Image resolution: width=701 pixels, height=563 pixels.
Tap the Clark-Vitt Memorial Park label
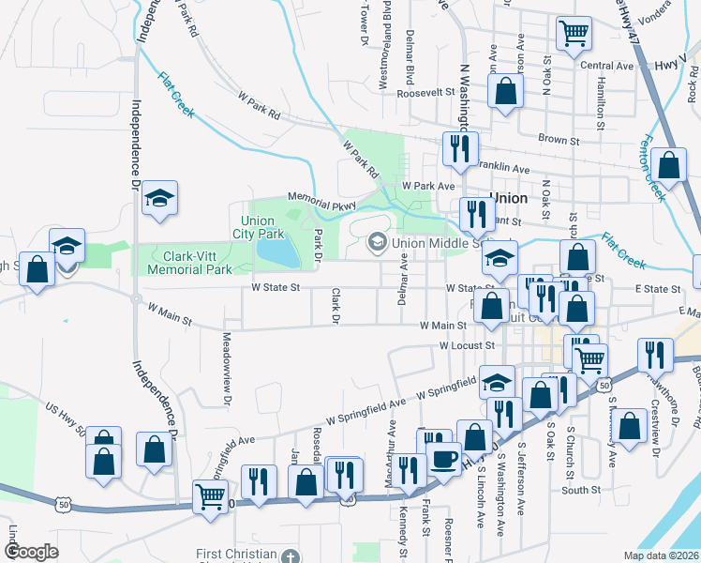tap(185, 262)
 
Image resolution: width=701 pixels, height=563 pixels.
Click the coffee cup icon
tap(442, 459)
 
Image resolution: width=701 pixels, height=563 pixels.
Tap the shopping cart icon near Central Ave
tap(573, 33)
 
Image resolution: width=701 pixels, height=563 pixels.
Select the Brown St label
tap(560, 139)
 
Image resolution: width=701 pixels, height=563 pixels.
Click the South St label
tap(581, 490)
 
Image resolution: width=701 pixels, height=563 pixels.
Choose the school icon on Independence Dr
tap(159, 198)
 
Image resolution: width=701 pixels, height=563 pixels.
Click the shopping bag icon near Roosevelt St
tap(505, 92)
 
